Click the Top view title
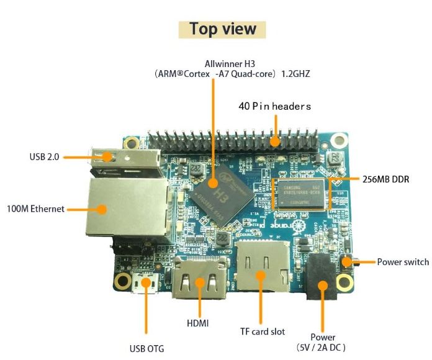[x=222, y=29]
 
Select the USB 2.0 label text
[x=44, y=157]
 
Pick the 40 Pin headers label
[x=274, y=107]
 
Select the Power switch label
[x=403, y=262]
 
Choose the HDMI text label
[x=198, y=323]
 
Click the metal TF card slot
[x=262, y=268]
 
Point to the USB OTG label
[x=146, y=349]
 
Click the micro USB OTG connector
[x=146, y=284]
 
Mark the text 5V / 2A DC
[x=323, y=348]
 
